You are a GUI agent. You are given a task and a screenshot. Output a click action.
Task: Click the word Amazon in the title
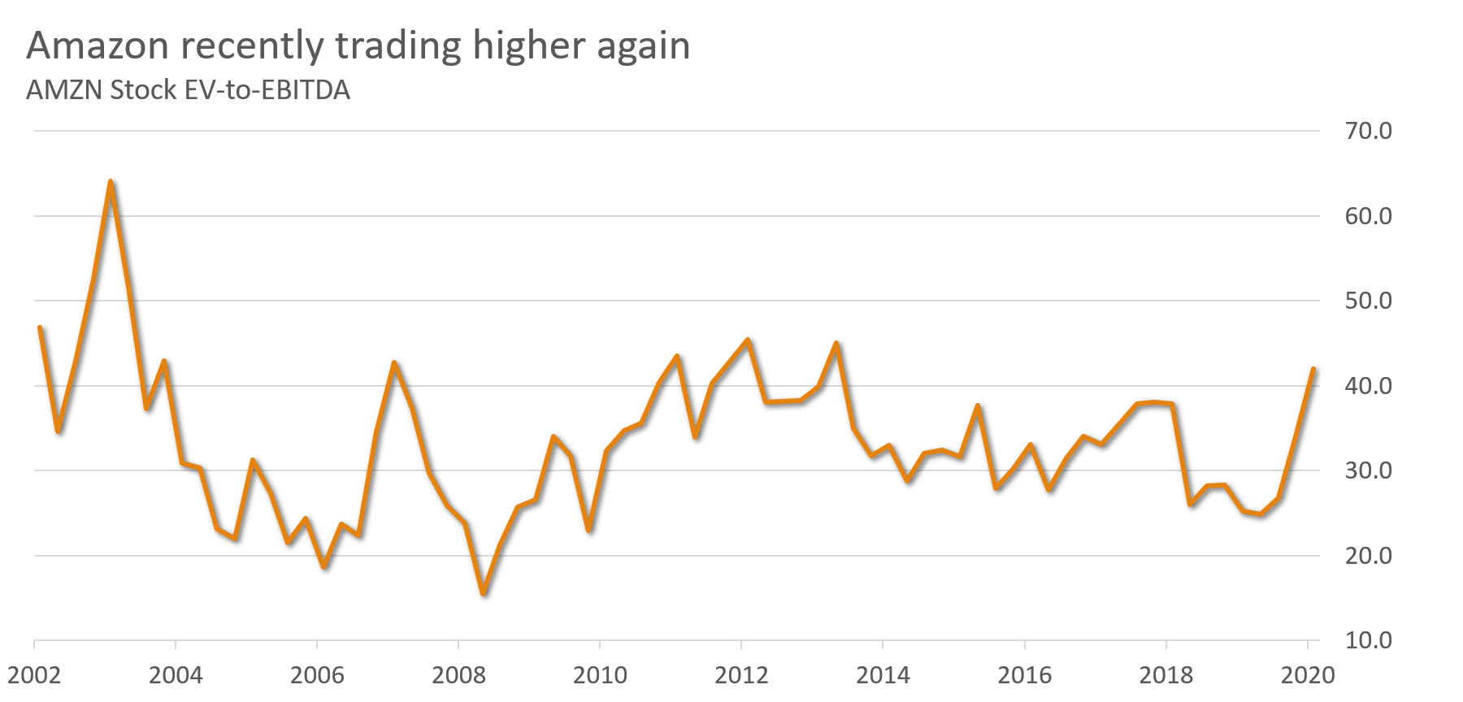pyautogui.click(x=98, y=45)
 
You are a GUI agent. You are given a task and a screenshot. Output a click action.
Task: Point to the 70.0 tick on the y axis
pyautogui.click(x=1368, y=131)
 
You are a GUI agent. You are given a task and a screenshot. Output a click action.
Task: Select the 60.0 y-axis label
pyautogui.click(x=1368, y=216)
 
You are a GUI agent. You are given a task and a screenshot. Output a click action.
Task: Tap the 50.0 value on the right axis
pyautogui.click(x=1368, y=301)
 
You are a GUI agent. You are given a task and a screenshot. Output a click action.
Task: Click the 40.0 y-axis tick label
pyautogui.click(x=1368, y=386)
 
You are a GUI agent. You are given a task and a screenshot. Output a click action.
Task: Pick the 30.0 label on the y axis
pyautogui.click(x=1368, y=470)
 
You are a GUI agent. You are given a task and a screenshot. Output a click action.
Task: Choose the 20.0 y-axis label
pyautogui.click(x=1368, y=556)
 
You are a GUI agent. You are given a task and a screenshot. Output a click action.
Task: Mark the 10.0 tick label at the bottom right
pyautogui.click(x=1368, y=640)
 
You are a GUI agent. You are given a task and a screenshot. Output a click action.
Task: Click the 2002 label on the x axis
pyautogui.click(x=34, y=675)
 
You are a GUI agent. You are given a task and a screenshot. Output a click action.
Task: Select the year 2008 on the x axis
pyautogui.click(x=458, y=675)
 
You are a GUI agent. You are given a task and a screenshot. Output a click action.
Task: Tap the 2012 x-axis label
pyautogui.click(x=741, y=675)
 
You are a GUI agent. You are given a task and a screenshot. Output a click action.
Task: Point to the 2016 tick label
pyautogui.click(x=1024, y=675)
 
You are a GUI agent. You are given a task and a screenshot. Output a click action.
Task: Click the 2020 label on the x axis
pyautogui.click(x=1307, y=675)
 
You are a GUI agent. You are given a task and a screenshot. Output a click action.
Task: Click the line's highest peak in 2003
pyautogui.click(x=110, y=181)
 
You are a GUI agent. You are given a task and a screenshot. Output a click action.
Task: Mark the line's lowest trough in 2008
pyautogui.click(x=483, y=594)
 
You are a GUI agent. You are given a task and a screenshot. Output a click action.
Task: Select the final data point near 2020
pyautogui.click(x=1313, y=369)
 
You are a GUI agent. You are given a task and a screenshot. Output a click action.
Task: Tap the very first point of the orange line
pyautogui.click(x=40, y=327)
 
